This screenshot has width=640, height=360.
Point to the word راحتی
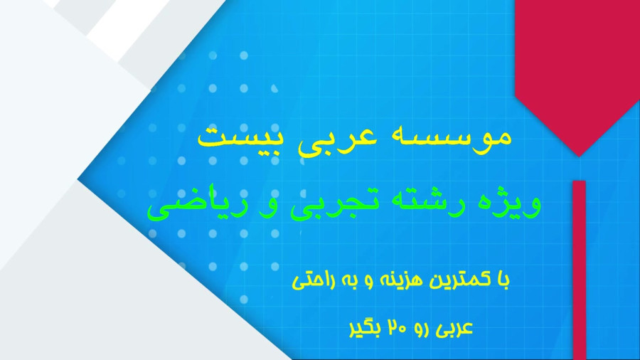coord(314,281)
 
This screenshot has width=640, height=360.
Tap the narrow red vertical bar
coord(579,270)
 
